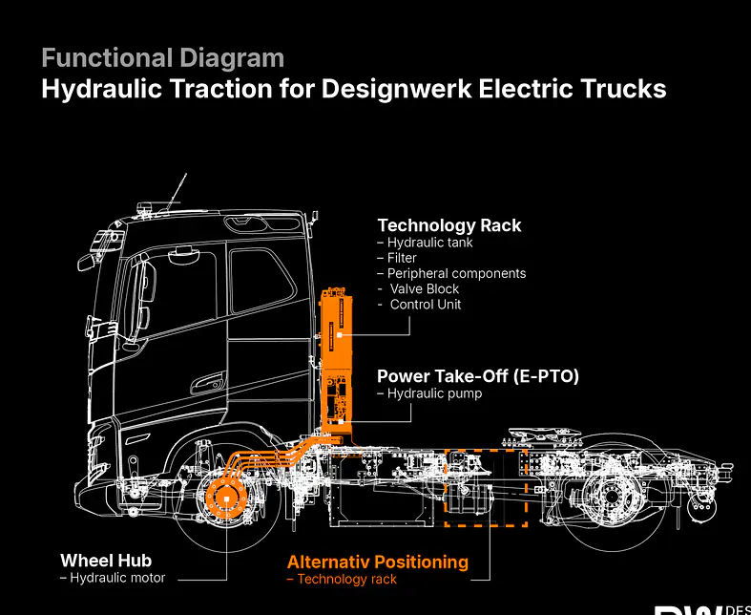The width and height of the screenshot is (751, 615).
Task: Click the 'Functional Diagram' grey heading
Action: (x=163, y=58)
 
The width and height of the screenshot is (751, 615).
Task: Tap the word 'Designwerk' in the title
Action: (x=396, y=89)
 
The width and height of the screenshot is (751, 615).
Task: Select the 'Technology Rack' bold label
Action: (x=449, y=225)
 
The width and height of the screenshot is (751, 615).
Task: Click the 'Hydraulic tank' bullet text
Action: (x=426, y=243)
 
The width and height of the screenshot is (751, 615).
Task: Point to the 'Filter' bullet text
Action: (x=397, y=258)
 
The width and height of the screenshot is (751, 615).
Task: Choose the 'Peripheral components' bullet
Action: (x=451, y=274)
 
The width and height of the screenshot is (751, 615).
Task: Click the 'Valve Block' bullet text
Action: (x=419, y=289)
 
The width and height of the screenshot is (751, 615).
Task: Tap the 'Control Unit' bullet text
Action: (x=420, y=305)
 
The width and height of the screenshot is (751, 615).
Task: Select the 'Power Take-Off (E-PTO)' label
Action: (x=478, y=376)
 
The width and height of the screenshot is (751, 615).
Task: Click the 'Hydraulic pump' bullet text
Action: (x=429, y=393)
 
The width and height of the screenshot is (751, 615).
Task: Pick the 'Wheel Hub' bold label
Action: (x=106, y=561)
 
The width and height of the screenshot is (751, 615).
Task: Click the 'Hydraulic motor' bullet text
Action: (x=113, y=578)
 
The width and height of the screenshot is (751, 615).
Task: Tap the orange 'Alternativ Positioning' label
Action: (x=378, y=562)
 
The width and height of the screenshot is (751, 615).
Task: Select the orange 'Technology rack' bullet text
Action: (x=342, y=579)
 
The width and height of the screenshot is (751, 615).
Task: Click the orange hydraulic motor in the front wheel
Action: (x=226, y=499)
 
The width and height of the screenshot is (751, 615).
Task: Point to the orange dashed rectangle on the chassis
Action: (x=486, y=450)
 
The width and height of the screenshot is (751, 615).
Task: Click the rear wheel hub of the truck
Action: (x=611, y=498)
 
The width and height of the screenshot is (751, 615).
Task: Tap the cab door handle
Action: (x=208, y=383)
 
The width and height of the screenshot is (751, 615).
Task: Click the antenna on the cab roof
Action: (x=177, y=192)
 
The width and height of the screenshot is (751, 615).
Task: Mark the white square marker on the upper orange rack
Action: (x=340, y=335)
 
